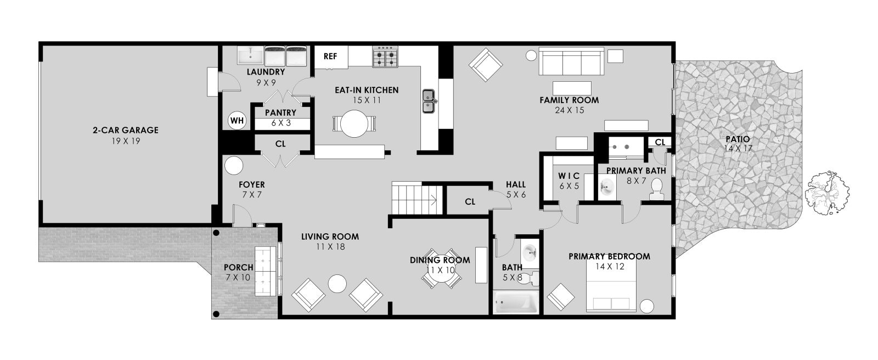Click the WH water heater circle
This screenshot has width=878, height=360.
point(237,120)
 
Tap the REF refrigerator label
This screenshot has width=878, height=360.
point(330,57)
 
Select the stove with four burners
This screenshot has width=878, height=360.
point(385,57)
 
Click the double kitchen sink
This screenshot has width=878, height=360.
point(429,101)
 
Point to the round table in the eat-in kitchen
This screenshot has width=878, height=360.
point(354,123)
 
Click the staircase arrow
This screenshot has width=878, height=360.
point(434,200)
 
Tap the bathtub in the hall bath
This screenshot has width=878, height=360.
point(515,302)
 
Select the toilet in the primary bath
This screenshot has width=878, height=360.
point(656,189)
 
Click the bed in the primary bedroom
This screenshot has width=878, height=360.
point(611,285)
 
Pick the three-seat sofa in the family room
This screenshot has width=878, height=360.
point(571,61)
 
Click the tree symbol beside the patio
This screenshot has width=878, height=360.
point(827,193)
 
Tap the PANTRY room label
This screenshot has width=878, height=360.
point(280,113)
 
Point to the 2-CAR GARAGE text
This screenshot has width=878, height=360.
point(126,130)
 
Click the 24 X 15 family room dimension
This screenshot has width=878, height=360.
point(570,111)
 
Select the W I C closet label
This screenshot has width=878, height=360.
point(569,176)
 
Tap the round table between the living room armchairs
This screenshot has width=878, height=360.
point(337,284)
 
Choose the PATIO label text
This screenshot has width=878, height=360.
point(738,139)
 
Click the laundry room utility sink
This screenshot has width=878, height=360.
point(250,55)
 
